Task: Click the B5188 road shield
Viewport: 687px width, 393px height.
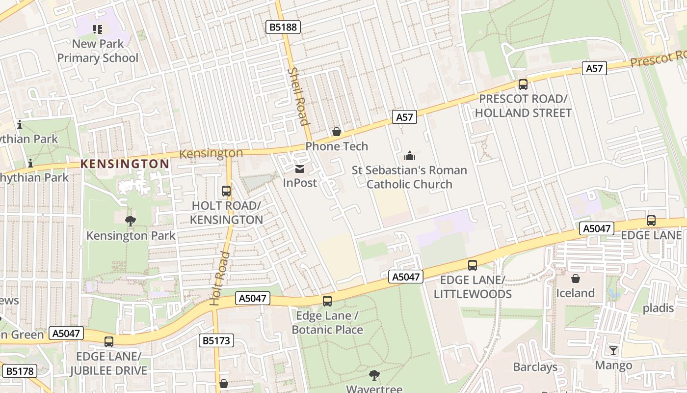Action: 284,27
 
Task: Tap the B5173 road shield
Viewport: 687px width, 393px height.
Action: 216,340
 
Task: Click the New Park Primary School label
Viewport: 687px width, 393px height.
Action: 98,51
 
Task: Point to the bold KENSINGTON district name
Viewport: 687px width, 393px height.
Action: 125,164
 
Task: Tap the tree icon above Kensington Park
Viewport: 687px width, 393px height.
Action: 130,221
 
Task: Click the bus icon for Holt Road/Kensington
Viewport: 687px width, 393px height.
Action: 226,191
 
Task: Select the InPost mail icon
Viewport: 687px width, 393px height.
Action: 299,169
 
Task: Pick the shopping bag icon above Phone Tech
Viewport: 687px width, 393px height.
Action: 337,131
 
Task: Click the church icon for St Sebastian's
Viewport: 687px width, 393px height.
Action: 409,156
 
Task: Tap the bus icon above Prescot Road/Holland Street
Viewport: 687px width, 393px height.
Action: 523,84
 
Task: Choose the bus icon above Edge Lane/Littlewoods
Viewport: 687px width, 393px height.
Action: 473,265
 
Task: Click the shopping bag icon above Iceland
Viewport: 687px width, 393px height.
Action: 575,279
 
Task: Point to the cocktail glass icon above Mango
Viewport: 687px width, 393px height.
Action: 613,350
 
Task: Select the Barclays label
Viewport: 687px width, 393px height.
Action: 535,367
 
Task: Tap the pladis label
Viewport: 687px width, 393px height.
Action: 659,308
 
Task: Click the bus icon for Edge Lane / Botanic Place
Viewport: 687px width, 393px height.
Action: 327,301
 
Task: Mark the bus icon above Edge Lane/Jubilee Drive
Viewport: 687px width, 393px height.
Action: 109,341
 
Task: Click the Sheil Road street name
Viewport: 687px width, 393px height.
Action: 298,97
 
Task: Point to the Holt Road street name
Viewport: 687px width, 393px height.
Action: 219,279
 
